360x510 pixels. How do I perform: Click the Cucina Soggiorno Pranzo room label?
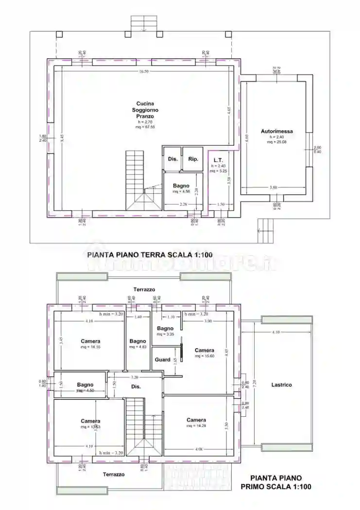pyautogui.click(x=145, y=110)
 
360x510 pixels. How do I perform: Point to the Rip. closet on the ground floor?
pyautogui.click(x=193, y=159)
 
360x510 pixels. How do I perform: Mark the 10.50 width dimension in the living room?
pyautogui.click(x=143, y=71)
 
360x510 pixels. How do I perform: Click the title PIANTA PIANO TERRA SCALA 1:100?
pyautogui.click(x=149, y=254)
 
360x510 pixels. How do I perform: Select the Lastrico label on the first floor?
pyautogui.click(x=281, y=385)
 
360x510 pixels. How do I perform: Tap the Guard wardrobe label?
pyautogui.click(x=162, y=360)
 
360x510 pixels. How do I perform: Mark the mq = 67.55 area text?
pyautogui.click(x=145, y=127)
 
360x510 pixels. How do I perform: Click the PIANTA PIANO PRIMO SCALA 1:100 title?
pyautogui.click(x=276, y=482)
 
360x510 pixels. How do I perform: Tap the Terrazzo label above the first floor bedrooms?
pyautogui.click(x=144, y=289)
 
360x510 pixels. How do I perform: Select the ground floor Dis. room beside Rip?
pyautogui.click(x=172, y=159)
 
